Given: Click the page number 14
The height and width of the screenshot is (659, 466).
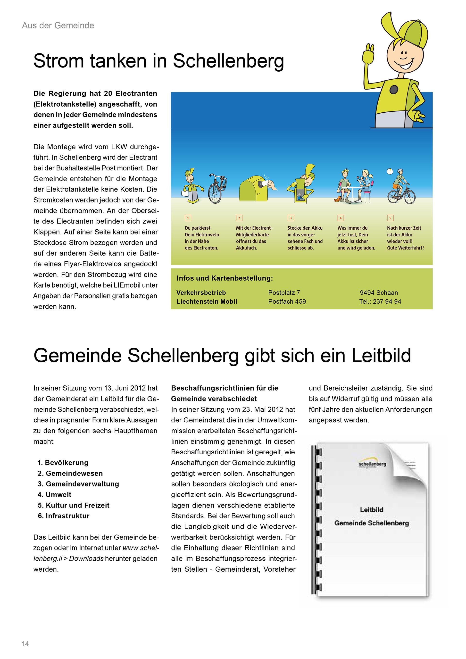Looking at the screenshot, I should point(25,644).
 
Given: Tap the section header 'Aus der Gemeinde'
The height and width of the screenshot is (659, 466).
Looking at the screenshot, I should point(58,25).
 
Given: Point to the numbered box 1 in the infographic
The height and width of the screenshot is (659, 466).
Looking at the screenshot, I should point(188,218).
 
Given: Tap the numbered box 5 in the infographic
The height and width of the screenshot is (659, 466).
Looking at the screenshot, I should point(390,218).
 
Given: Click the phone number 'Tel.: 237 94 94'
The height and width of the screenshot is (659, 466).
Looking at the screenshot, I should point(380,301).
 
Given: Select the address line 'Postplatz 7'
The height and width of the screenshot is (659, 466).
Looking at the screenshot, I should point(284,292).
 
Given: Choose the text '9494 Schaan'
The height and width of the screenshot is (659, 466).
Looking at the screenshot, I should point(379,292).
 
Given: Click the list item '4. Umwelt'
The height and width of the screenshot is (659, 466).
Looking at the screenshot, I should point(55,494).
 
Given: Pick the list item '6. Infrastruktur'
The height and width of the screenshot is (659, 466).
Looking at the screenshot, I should point(64,516).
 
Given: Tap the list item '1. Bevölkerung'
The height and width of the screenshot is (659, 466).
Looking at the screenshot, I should point(63,463).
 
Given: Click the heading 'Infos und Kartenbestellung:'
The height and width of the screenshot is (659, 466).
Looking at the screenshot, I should point(225,278).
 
